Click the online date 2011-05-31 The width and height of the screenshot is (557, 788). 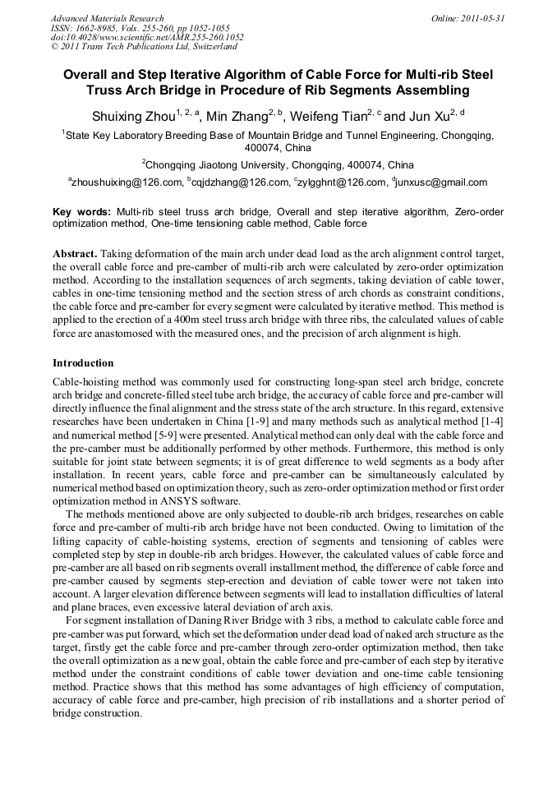coord(486,17)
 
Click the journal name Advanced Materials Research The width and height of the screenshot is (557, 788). coord(107,17)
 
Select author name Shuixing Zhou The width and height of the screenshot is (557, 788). coord(129,115)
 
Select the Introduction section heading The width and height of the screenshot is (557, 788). coord(83,362)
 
